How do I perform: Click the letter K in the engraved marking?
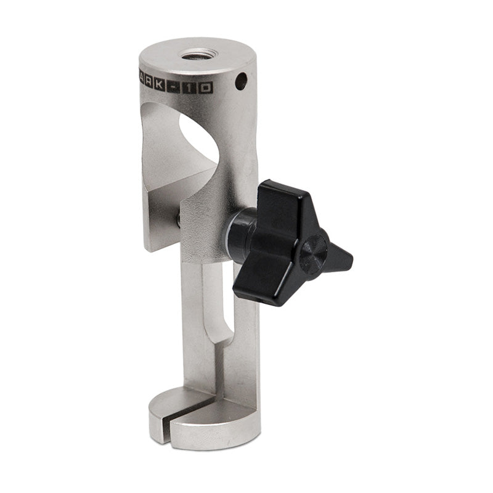pyautogui.click(x=160, y=87)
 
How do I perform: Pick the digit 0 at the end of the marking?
pyautogui.click(x=206, y=88)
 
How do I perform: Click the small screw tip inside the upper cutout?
pyautogui.click(x=179, y=219)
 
